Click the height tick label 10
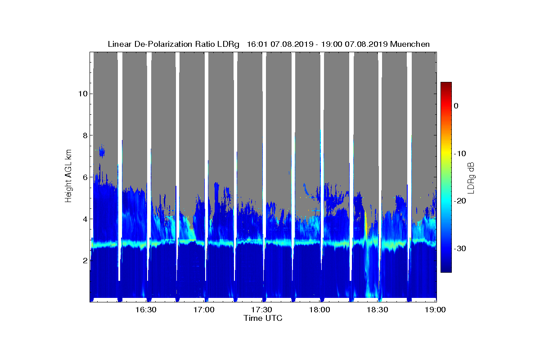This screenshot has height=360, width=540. (x=82, y=94)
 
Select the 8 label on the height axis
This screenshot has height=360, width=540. (x=84, y=135)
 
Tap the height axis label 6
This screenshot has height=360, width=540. (x=84, y=177)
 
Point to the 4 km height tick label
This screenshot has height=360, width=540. (x=84, y=219)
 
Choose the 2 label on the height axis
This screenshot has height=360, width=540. (x=84, y=261)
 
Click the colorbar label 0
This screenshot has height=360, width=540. (x=456, y=106)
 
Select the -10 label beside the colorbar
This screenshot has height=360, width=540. (x=459, y=153)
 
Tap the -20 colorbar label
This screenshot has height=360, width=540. (x=459, y=201)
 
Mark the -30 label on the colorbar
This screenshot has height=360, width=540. (x=459, y=248)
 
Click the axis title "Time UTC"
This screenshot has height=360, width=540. (x=263, y=318)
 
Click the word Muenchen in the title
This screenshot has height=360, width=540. (x=410, y=44)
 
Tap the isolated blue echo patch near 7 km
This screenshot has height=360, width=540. (x=102, y=153)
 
